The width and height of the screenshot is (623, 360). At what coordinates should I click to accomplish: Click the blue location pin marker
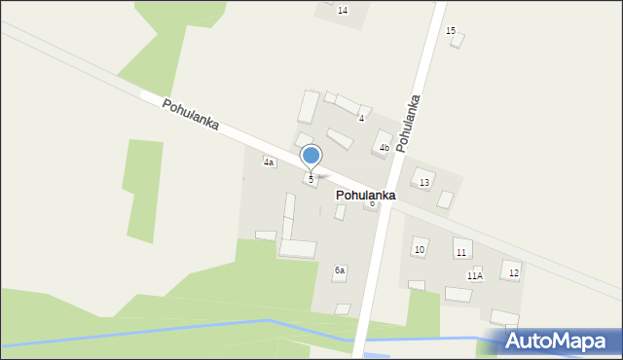tap(311, 156)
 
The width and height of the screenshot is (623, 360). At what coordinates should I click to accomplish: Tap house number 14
tap(342, 10)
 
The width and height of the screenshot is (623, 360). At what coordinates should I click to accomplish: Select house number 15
tap(451, 31)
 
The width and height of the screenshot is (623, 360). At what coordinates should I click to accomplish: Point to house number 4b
tap(385, 148)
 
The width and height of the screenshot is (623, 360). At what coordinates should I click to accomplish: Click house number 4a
tap(269, 162)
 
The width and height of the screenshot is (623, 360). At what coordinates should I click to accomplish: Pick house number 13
tap(424, 183)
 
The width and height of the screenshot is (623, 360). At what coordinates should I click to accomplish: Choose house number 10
tap(420, 250)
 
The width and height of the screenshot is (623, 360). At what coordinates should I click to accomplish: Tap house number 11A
tap(474, 276)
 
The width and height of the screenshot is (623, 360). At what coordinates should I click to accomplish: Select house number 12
tap(513, 272)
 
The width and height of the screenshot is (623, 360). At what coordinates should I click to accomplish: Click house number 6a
tap(340, 270)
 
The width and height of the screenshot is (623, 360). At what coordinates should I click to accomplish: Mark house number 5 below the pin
tap(311, 179)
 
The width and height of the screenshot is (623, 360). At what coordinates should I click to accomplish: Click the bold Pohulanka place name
tap(365, 196)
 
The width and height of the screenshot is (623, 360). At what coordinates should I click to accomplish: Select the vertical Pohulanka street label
tap(410, 120)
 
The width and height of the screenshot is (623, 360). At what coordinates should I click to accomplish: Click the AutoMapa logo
tap(553, 341)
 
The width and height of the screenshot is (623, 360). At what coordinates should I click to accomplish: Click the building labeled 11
tap(461, 248)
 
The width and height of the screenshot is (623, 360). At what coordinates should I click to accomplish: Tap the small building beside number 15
tap(458, 41)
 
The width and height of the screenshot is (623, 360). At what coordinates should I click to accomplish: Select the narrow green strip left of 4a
tap(142, 190)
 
